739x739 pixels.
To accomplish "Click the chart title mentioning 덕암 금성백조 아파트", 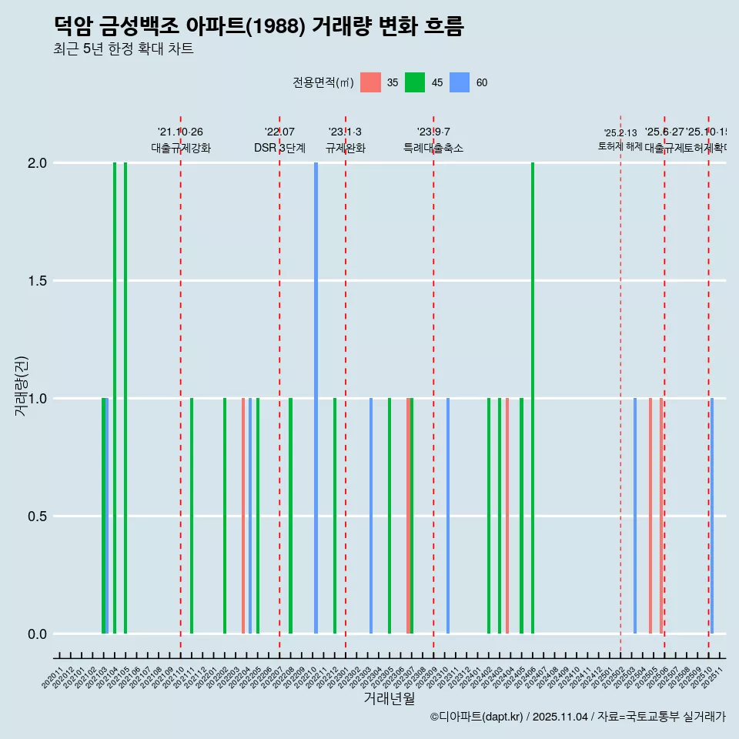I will click(x=259, y=26).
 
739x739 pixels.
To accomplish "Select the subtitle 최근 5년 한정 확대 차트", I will click(x=123, y=49).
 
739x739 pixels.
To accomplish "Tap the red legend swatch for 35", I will click(x=370, y=82).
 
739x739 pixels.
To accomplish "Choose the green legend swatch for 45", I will click(x=415, y=82).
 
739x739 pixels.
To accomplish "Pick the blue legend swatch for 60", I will click(x=460, y=82).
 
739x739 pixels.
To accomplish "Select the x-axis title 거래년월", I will click(x=390, y=698).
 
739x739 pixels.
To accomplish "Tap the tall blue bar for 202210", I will click(x=316, y=398).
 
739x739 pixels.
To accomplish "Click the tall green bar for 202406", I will click(x=533, y=398).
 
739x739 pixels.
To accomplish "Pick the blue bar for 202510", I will click(x=712, y=516).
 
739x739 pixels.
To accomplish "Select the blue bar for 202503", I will click(x=635, y=516).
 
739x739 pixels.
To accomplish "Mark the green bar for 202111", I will click(x=192, y=516).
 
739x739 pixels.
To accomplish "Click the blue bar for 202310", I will click(x=448, y=516).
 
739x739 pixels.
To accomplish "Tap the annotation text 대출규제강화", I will click(x=180, y=148).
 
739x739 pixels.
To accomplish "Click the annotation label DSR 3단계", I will click(x=279, y=148).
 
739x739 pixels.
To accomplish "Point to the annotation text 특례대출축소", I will click(x=433, y=148).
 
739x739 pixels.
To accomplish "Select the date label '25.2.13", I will click(x=620, y=133).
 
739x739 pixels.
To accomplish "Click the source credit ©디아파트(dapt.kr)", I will click(x=477, y=717).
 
